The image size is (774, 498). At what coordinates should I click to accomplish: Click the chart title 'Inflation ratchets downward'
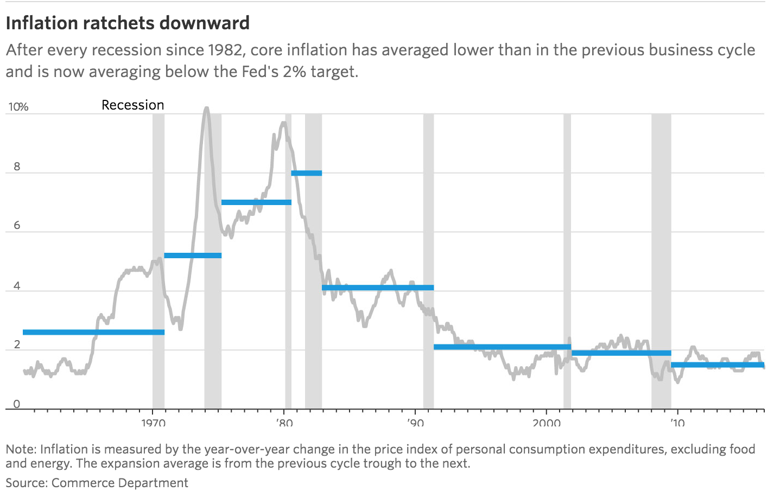pyautogui.click(x=128, y=23)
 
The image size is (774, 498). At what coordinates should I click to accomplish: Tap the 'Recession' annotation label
pyautogui.click(x=132, y=105)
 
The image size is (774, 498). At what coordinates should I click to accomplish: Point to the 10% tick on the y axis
pyautogui.click(x=17, y=107)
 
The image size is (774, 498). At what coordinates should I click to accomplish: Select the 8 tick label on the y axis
pyautogui.click(x=17, y=167)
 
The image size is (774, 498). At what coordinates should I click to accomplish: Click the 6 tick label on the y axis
pyautogui.click(x=17, y=226)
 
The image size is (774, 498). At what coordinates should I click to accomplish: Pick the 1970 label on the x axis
pyautogui.click(x=152, y=422)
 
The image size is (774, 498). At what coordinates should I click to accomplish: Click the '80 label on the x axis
pyautogui.click(x=284, y=422)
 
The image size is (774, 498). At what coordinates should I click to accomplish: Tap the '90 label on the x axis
pyautogui.click(x=415, y=422)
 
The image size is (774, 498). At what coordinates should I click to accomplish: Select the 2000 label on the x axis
pyautogui.click(x=546, y=422)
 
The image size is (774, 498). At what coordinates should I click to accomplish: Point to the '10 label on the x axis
pyautogui.click(x=677, y=422)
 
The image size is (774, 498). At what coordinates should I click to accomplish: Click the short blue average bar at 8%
pyautogui.click(x=307, y=173)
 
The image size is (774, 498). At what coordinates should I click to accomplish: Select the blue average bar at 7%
pyautogui.click(x=256, y=202)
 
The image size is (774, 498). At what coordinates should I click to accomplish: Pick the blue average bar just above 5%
pyautogui.click(x=193, y=256)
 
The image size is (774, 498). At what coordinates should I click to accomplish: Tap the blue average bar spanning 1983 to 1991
pyautogui.click(x=378, y=288)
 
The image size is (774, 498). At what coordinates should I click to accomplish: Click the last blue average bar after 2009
pyautogui.click(x=718, y=365)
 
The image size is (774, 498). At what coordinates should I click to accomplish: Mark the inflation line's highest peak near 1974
pyautogui.click(x=206, y=108)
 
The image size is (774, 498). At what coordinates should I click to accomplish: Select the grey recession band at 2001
pyautogui.click(x=567, y=260)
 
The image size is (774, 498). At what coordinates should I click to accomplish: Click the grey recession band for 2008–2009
pyautogui.click(x=661, y=260)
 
